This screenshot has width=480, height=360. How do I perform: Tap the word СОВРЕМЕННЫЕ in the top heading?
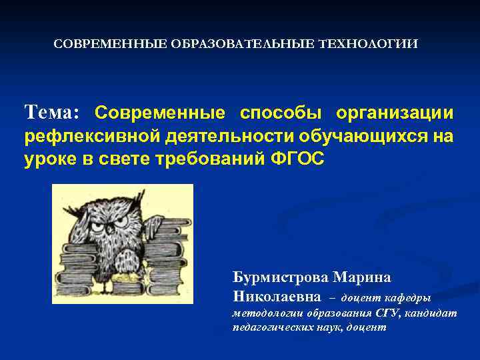111,44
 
